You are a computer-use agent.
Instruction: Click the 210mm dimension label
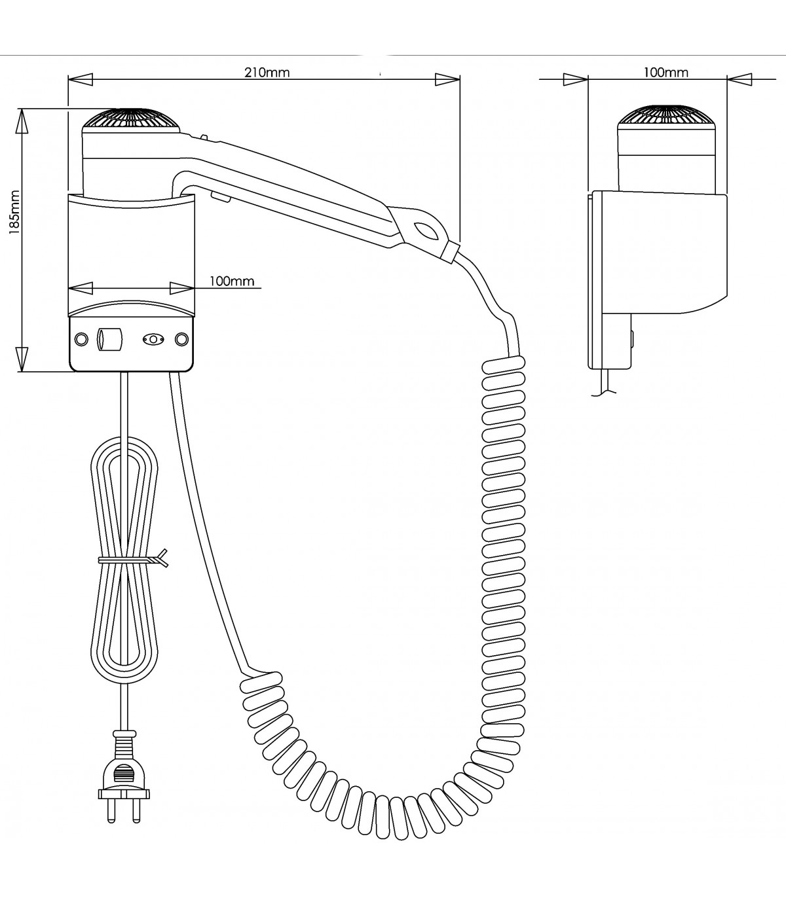coord(267,73)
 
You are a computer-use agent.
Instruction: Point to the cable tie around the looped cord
coord(131,560)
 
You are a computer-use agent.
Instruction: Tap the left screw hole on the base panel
coord(81,340)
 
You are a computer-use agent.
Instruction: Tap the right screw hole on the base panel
coord(181,340)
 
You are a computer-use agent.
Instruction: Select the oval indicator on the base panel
coord(153,340)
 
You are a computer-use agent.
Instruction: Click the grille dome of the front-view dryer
coord(131,120)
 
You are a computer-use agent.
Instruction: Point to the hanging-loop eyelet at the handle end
coord(426,230)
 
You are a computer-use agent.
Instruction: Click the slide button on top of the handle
coord(204,138)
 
